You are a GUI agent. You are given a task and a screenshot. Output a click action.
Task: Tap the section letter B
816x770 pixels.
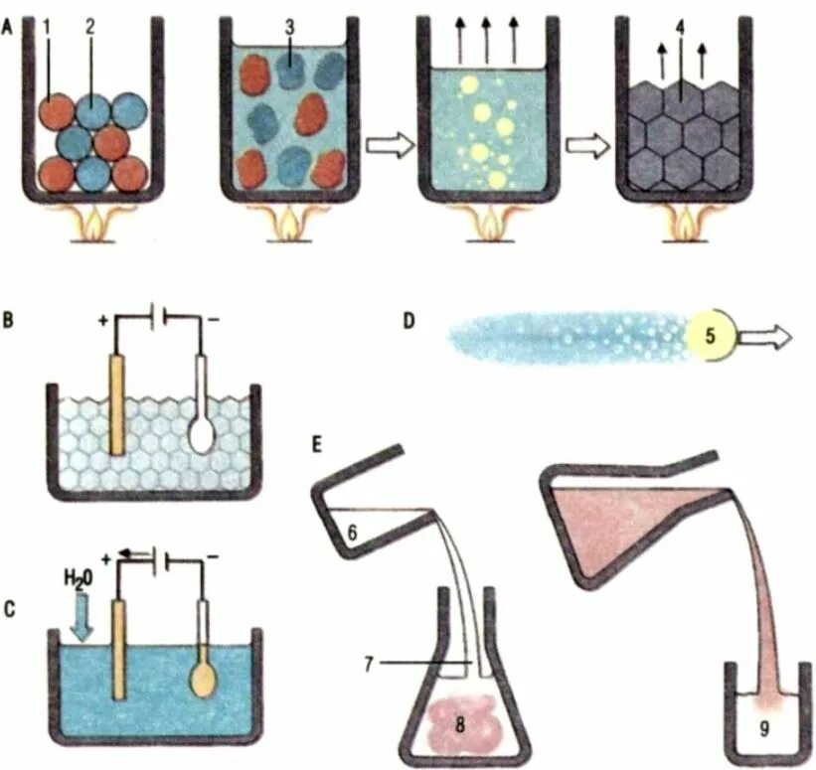click(x=10, y=322)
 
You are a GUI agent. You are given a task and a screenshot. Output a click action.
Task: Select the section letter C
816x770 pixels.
click(x=10, y=609)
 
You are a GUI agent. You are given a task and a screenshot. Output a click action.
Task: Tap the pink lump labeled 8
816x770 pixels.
click(x=458, y=721)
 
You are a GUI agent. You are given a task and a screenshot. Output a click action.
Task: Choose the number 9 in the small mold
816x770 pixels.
click(x=763, y=728)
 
